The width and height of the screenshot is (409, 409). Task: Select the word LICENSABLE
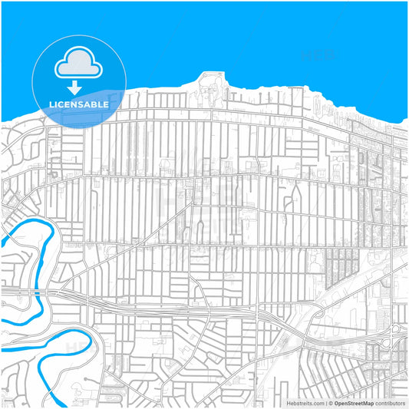pyautogui.click(x=79, y=103)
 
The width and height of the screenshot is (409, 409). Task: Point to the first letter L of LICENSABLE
pyautogui.click(x=51, y=103)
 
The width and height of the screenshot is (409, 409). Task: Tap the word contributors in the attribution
pyautogui.click(x=390, y=402)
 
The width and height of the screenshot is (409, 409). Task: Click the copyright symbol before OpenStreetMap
pyautogui.click(x=329, y=402)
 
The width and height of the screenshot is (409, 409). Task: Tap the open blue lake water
pyautogui.click(x=253, y=38)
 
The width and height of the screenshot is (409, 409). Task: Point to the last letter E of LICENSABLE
pyautogui.click(x=107, y=103)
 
